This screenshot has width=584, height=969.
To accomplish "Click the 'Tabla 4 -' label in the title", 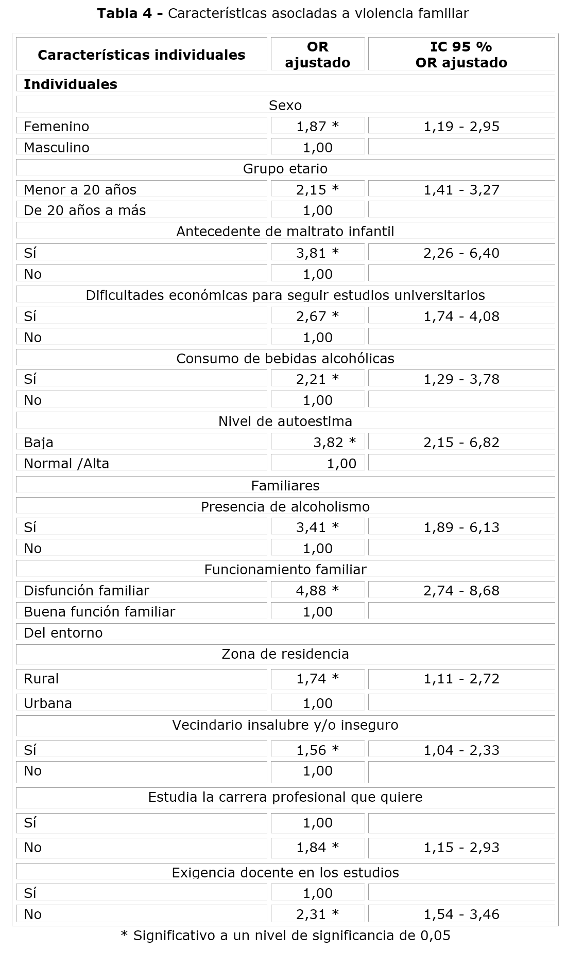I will pyautogui.click(x=130, y=14).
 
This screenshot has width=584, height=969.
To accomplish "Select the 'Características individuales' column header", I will pyautogui.click(x=141, y=55).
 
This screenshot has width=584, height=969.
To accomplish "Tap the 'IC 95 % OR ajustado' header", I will pyautogui.click(x=461, y=55).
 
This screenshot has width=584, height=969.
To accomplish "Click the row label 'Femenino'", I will pyautogui.click(x=57, y=127).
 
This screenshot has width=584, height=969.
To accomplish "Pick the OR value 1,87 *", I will pyautogui.click(x=317, y=127).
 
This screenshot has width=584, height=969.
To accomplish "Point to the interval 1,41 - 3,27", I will pyautogui.click(x=461, y=190).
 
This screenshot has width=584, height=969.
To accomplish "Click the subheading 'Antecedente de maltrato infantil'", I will pyautogui.click(x=285, y=232).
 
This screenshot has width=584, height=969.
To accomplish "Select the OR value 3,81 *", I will pyautogui.click(x=317, y=253).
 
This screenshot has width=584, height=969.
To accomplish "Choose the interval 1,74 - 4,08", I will pyautogui.click(x=461, y=316).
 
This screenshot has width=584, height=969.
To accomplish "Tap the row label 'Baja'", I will pyautogui.click(x=39, y=443).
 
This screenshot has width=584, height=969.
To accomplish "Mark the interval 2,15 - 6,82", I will pyautogui.click(x=461, y=443).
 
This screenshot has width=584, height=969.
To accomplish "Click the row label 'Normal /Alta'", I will pyautogui.click(x=66, y=464).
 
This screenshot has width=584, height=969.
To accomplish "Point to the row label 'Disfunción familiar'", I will pyautogui.click(x=87, y=591).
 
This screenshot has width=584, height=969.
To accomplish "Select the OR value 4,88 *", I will pyautogui.click(x=317, y=591).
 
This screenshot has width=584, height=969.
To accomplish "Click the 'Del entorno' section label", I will pyautogui.click(x=63, y=633).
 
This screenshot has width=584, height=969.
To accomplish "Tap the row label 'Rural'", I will pyautogui.click(x=41, y=679).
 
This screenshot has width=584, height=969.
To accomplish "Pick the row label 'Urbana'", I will pyautogui.click(x=48, y=703).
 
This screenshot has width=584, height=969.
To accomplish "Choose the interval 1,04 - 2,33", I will pyautogui.click(x=461, y=750).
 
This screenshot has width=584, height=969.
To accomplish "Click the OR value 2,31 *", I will pyautogui.click(x=317, y=914).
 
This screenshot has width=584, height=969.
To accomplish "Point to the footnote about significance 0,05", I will pyautogui.click(x=285, y=936).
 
